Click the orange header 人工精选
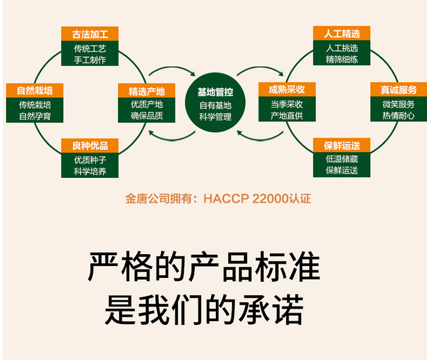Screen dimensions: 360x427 tap(342, 34)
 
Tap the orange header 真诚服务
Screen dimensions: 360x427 tap(399, 90)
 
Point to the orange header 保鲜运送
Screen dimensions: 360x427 tap(342, 146)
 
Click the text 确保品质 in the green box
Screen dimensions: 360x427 tap(146, 116)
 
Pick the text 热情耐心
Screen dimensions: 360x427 tap(399, 116)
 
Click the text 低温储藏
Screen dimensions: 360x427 tap(342, 159)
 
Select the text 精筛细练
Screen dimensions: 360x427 tap(342, 59)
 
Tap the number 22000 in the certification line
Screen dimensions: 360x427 tap(269, 199)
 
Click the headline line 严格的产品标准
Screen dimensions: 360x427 tap(204, 267)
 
